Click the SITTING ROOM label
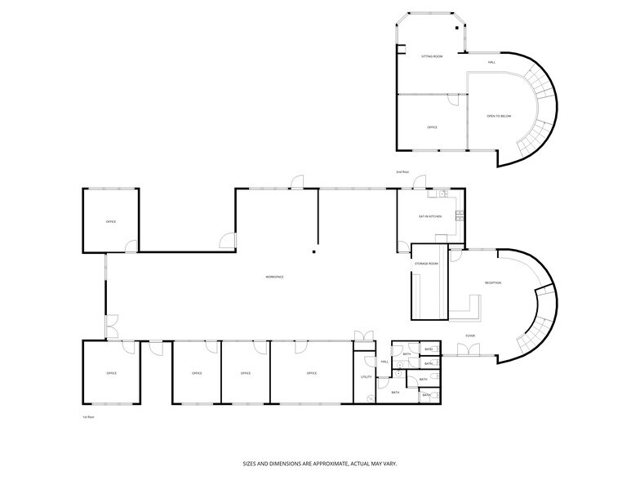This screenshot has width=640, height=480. pos(432,56)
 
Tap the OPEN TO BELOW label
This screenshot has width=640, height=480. pos(499,117)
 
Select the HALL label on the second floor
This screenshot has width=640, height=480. pos(492,62)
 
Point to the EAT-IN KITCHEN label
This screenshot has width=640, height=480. pos(430,216)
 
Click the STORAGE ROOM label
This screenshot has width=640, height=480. pos(426,264)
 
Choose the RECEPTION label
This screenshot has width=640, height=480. pos(493,282)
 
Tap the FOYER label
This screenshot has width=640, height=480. pos(470,336)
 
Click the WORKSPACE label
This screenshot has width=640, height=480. pos(274,278)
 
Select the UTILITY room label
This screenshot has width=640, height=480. pos(366,376)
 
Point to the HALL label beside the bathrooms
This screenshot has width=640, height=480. pos(384,362)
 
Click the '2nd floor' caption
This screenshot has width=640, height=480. pos(401,172)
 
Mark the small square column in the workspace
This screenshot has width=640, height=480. pos(311,252)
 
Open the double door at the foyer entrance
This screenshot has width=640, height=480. pos(469,350)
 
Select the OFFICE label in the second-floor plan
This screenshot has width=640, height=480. pos(433,127)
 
